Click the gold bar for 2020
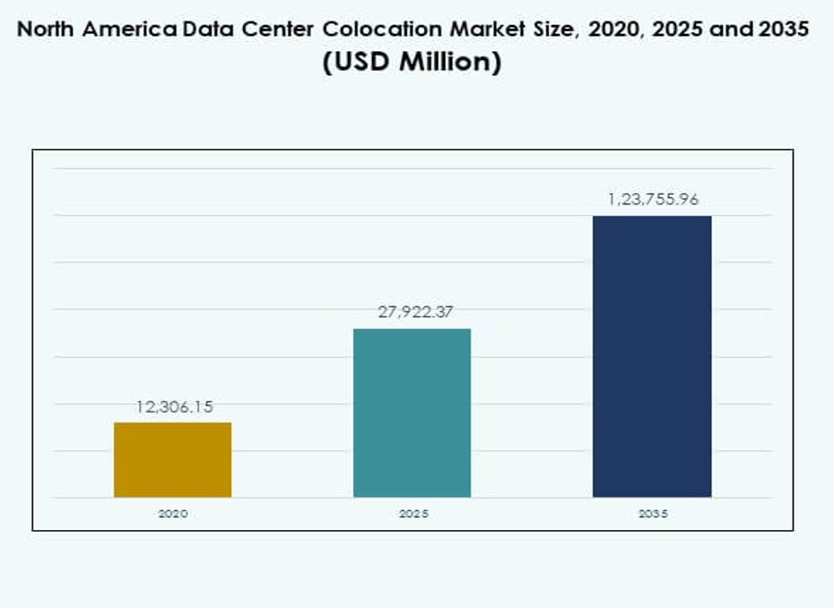[172, 459]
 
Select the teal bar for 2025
[412, 413]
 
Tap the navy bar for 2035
[652, 356]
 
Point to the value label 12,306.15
[174, 407]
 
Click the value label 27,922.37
[413, 312]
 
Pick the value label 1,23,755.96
[653, 199]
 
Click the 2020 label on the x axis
[172, 514]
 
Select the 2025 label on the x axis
[413, 514]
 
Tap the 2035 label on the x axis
[652, 514]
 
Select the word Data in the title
[204, 29]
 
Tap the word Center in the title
[266, 29]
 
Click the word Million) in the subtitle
[450, 64]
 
